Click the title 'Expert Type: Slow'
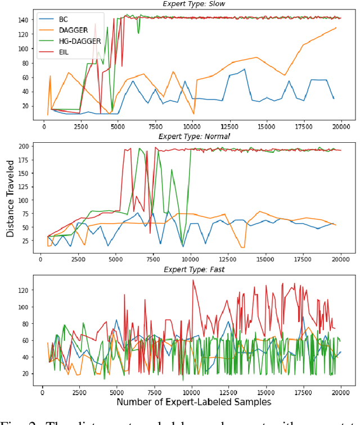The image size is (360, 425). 195,3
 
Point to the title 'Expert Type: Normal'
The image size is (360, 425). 195,136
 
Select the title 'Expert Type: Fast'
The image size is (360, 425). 195,269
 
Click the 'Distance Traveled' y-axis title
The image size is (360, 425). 10,201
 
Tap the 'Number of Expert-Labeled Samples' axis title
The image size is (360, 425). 194,403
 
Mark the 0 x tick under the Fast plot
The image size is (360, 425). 43,391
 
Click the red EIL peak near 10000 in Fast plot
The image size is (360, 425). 193,280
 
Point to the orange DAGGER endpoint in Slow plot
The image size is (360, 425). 336,28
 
